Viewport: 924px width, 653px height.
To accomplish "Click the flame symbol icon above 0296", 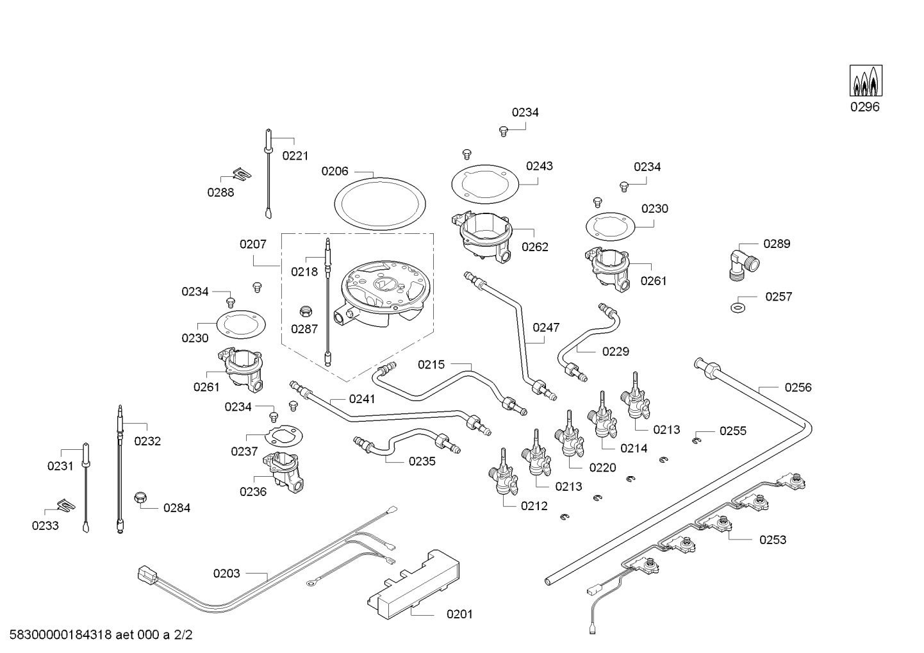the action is point(866,81).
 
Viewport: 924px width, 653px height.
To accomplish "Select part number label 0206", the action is point(335,170).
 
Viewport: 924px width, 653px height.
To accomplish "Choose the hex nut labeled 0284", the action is point(141,497).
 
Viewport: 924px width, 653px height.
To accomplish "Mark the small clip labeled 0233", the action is point(66,505).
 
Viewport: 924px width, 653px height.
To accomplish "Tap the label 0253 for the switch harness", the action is point(773,540).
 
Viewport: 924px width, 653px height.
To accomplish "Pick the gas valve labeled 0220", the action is point(569,433).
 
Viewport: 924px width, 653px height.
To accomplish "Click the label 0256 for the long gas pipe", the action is point(798,387).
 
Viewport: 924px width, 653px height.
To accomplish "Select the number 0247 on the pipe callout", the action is point(546,327).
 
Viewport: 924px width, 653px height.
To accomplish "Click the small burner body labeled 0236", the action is point(284,472).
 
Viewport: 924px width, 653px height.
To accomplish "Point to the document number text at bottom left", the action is point(101,634).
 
